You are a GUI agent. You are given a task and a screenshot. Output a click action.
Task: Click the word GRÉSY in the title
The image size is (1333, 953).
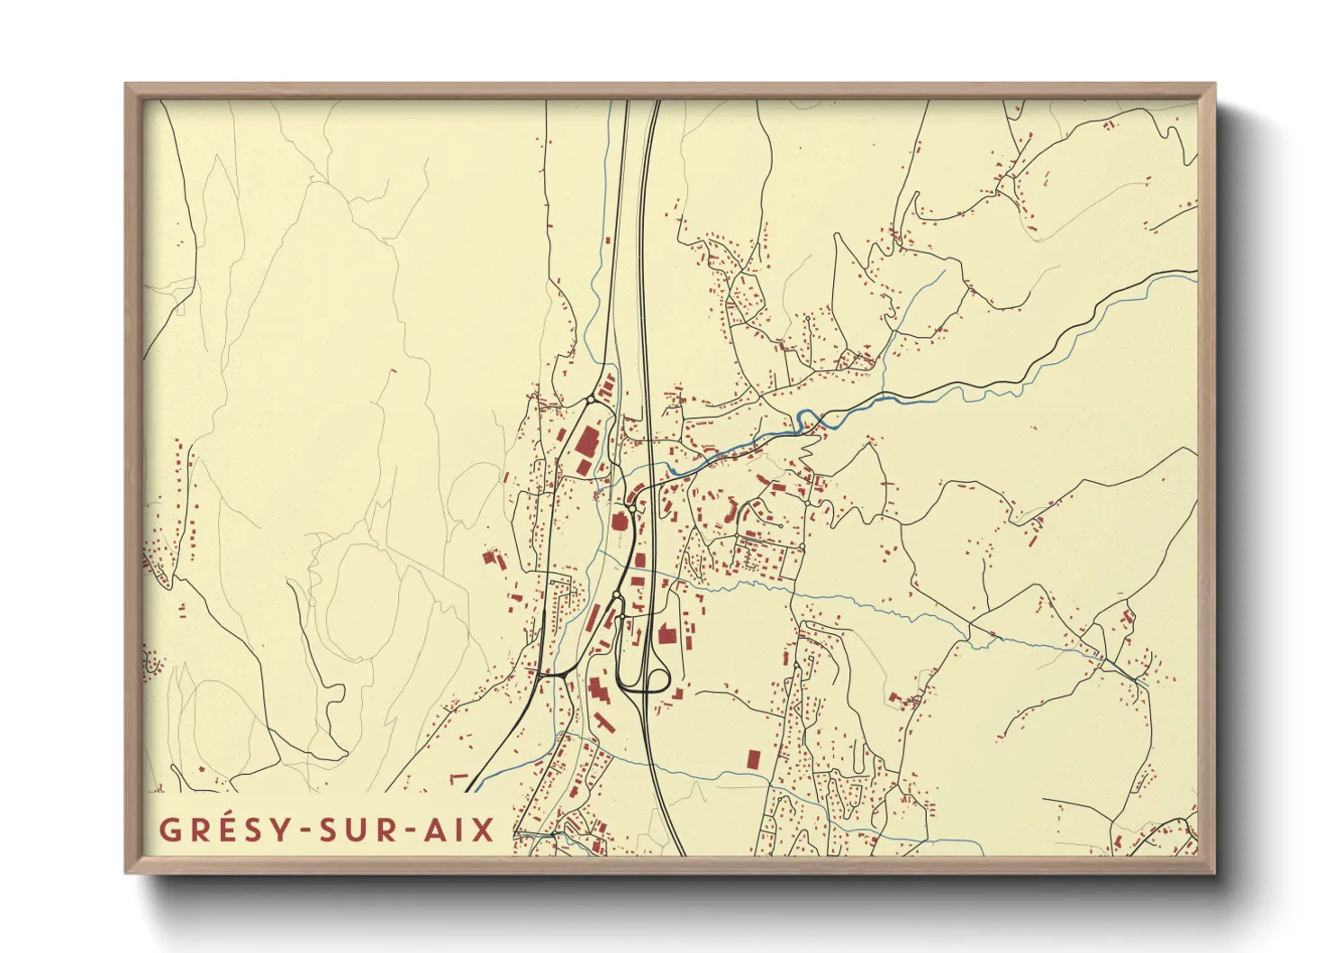[x=214, y=830]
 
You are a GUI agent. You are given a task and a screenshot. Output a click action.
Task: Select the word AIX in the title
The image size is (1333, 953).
[x=459, y=830]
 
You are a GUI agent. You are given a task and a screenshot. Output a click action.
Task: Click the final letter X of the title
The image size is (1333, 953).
[x=485, y=830]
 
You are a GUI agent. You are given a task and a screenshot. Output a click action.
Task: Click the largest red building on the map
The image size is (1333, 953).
[x=586, y=444]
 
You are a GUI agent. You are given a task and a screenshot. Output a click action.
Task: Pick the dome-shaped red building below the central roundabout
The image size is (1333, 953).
[x=620, y=522]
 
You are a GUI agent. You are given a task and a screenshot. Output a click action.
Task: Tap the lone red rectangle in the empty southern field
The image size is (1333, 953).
[x=753, y=758]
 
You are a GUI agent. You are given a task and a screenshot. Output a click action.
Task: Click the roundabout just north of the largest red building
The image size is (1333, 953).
[x=590, y=400]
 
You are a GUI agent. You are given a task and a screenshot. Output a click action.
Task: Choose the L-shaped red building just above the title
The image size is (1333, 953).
[x=458, y=776]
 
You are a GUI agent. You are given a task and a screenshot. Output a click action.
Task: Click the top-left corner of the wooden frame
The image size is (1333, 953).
[x=128, y=86]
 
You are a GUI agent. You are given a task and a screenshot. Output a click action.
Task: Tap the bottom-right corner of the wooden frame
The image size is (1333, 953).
[x=1213, y=871]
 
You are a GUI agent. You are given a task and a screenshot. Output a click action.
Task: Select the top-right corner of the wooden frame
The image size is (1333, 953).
[x=1213, y=86]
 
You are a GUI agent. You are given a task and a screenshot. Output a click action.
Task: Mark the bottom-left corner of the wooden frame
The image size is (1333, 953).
[x=128, y=871]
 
